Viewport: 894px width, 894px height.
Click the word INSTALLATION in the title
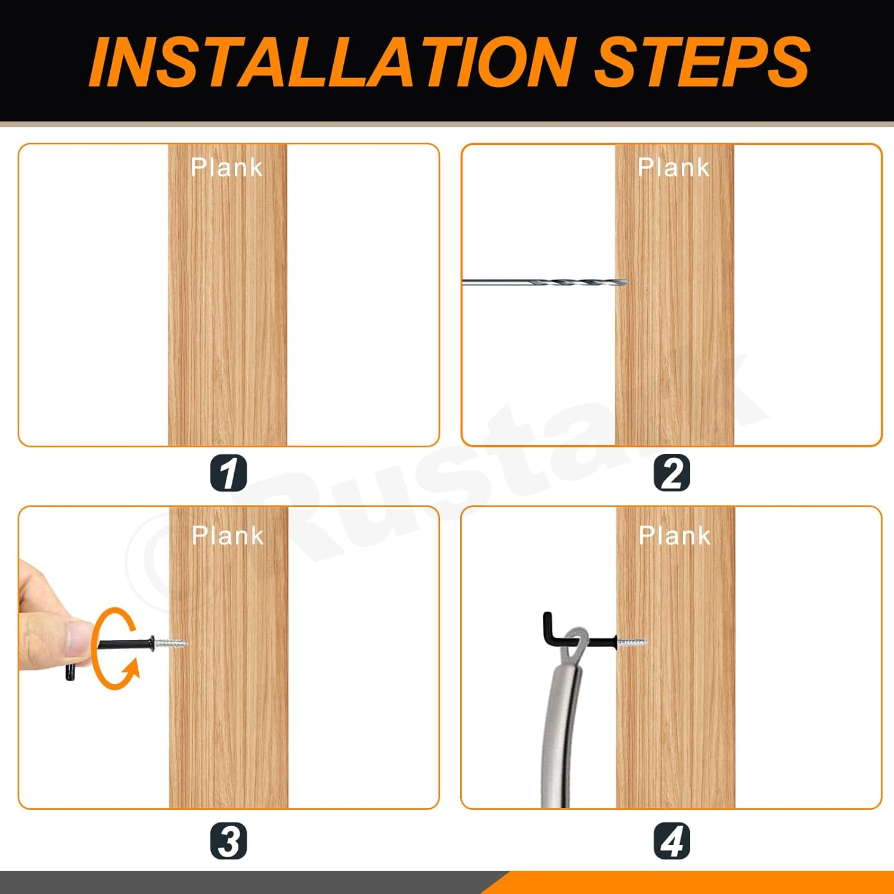click(x=331, y=61)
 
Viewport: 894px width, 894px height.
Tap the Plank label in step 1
click(x=227, y=167)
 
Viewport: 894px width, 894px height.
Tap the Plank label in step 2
click(x=674, y=167)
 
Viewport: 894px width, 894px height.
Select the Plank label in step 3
click(x=228, y=536)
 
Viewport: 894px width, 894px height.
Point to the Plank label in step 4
click(x=675, y=536)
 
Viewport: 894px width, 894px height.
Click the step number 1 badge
click(x=228, y=473)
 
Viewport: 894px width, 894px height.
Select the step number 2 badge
click(x=672, y=473)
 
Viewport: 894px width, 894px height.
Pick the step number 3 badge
click(x=228, y=841)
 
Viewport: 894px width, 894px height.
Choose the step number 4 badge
click(x=672, y=841)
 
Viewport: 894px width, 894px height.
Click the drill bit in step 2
click(x=545, y=283)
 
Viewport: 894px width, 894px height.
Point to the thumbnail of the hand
click(x=78, y=638)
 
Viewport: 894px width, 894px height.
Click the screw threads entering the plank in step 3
click(x=171, y=643)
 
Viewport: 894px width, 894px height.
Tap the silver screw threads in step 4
click(x=632, y=642)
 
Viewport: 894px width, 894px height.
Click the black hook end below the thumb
click(x=70, y=674)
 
